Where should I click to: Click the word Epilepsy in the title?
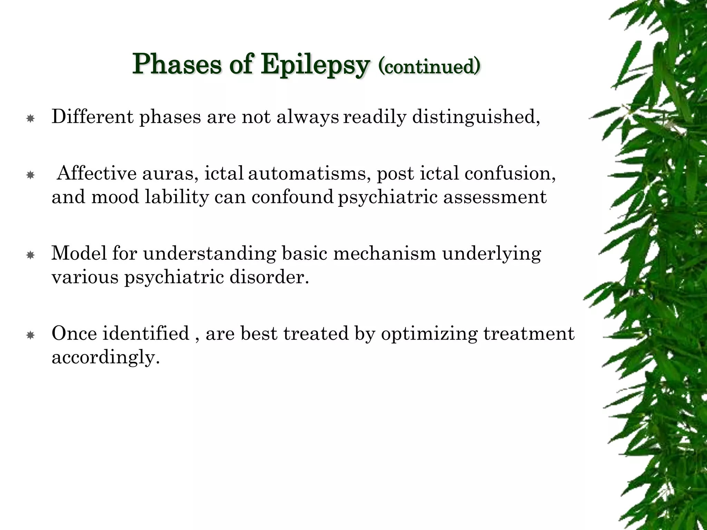tap(315, 65)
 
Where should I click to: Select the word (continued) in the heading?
tap(429, 66)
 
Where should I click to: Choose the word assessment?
tap(495, 197)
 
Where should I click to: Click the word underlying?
tap(491, 254)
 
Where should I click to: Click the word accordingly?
tap(106, 357)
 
